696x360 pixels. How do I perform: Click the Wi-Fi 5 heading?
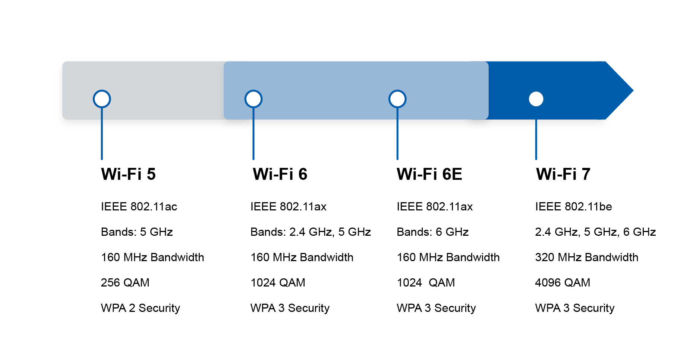pyautogui.click(x=128, y=174)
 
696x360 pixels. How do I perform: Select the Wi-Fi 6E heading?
pyautogui.click(x=429, y=174)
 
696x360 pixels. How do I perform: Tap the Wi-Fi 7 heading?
pyautogui.click(x=563, y=174)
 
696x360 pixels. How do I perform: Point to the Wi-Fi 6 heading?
pyautogui.click(x=280, y=174)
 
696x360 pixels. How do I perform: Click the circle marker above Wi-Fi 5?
pyautogui.click(x=102, y=99)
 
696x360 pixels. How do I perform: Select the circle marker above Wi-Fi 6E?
pyautogui.click(x=397, y=99)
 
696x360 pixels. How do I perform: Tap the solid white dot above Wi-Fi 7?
pyautogui.click(x=536, y=99)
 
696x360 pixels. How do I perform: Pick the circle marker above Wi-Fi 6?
pyautogui.click(x=253, y=99)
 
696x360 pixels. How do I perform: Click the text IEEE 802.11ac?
pyautogui.click(x=139, y=207)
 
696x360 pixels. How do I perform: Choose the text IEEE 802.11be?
pyautogui.click(x=573, y=207)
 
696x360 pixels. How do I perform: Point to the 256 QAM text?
pyautogui.click(x=125, y=283)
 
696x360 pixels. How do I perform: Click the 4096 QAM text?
pyautogui.click(x=563, y=283)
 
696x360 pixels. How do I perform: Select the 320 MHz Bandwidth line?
pyautogui.click(x=586, y=257)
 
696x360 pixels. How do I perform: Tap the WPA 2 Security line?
pyautogui.click(x=141, y=308)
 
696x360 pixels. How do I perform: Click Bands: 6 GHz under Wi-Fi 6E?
pyautogui.click(x=432, y=232)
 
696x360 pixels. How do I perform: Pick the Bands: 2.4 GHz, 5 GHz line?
pyautogui.click(x=311, y=232)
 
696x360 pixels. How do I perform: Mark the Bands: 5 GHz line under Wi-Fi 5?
pyautogui.click(x=137, y=232)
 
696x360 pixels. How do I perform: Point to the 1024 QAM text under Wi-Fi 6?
pyautogui.click(x=278, y=283)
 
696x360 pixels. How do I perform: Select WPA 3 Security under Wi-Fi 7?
pyautogui.click(x=574, y=308)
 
